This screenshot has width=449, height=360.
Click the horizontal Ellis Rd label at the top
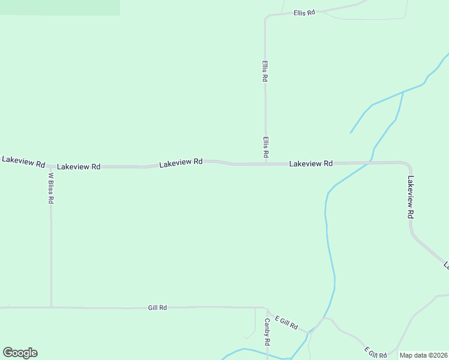click(x=304, y=13)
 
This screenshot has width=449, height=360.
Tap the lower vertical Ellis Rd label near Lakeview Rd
click(x=265, y=147)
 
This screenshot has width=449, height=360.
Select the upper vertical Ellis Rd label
click(x=265, y=70)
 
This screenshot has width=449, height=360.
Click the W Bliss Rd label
click(x=51, y=188)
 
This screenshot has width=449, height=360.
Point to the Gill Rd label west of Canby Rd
click(x=157, y=307)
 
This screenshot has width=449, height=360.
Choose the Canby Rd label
click(x=267, y=332)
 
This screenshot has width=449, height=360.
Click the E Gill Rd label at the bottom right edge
click(x=376, y=353)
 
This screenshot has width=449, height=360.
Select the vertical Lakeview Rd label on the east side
click(x=411, y=196)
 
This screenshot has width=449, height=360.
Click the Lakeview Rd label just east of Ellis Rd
click(x=311, y=163)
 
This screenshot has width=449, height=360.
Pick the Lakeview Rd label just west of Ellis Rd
click(x=181, y=163)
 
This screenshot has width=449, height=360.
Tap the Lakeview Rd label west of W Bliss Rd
click(x=23, y=161)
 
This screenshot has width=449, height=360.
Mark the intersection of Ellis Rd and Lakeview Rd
click(x=266, y=163)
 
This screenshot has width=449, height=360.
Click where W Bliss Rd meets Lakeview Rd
click(x=51, y=167)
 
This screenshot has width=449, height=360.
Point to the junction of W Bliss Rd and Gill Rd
click(x=51, y=307)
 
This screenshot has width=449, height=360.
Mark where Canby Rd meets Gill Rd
click(x=267, y=308)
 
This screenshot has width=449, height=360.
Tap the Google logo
click(x=20, y=353)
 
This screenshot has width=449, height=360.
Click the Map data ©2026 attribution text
click(x=423, y=355)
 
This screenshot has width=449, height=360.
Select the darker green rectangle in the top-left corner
click(x=60, y=7)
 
